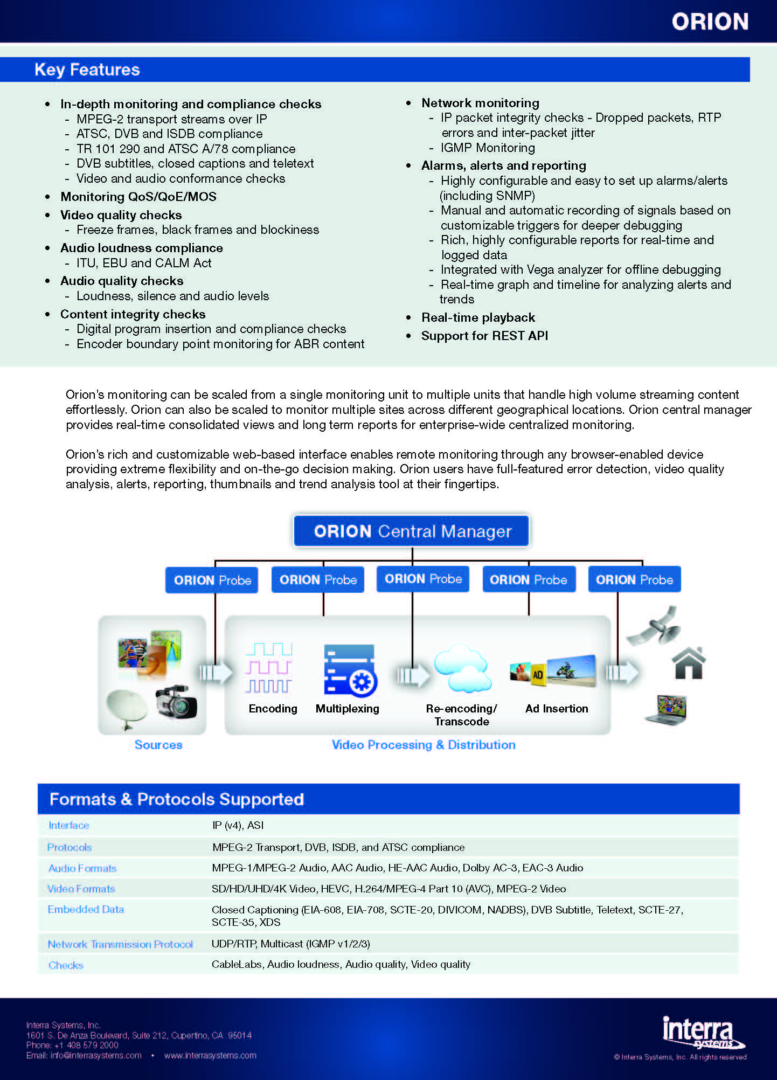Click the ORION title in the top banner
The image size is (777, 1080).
pyautogui.click(x=710, y=22)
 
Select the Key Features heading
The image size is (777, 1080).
pyautogui.click(x=87, y=70)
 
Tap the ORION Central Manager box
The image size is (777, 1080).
pyautogui.click(x=412, y=531)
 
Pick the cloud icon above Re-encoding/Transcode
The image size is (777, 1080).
pyautogui.click(x=462, y=668)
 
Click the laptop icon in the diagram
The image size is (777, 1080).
pyautogui.click(x=667, y=709)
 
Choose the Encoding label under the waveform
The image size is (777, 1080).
pyautogui.click(x=273, y=709)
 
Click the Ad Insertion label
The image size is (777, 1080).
pyautogui.click(x=557, y=709)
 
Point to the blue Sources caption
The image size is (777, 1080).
pyautogui.click(x=158, y=745)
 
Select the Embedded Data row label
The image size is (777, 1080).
pyautogui.click(x=86, y=910)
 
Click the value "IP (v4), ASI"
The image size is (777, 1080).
pyautogui.click(x=238, y=826)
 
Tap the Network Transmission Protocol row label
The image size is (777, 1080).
pyautogui.click(x=120, y=944)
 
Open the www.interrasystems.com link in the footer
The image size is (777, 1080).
pyautogui.click(x=210, y=1056)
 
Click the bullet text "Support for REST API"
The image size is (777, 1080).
pyautogui.click(x=484, y=336)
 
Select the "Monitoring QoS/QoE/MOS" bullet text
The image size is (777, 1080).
pyautogui.click(x=138, y=197)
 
